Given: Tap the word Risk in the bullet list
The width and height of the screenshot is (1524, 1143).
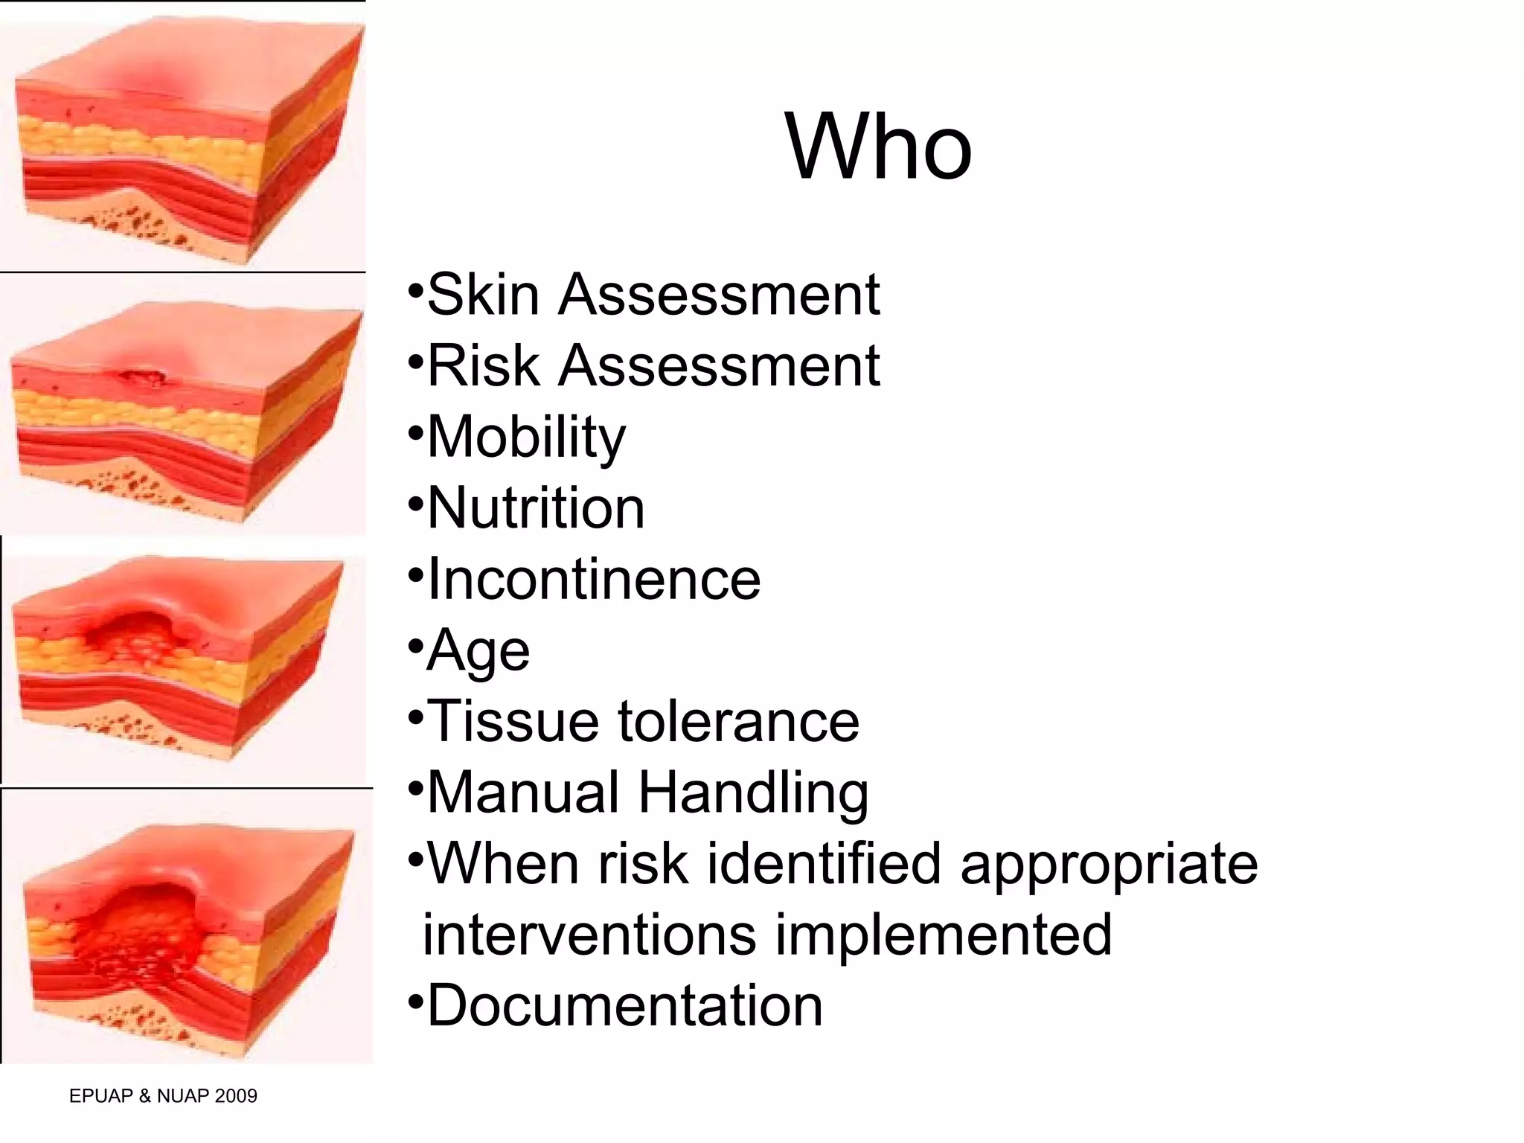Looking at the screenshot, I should click(x=483, y=365).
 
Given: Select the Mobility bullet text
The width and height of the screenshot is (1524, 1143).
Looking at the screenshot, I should click(x=526, y=438).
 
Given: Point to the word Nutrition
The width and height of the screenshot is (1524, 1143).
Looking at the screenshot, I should click(x=536, y=508).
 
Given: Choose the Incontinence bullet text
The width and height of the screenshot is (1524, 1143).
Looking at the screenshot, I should click(x=594, y=580).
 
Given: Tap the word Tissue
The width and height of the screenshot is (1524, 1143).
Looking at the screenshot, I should click(x=513, y=721).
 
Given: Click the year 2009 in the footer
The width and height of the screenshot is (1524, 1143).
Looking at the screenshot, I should click(x=235, y=1096).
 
